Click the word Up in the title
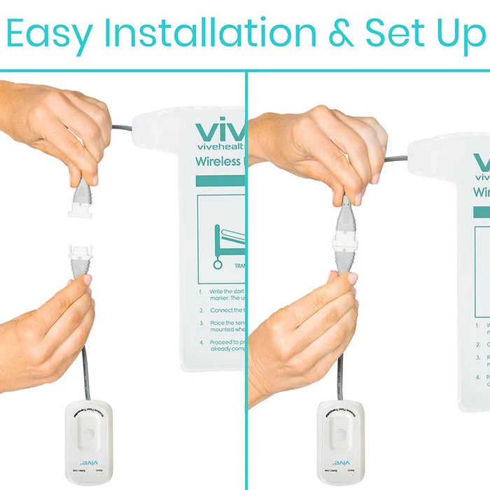[x=458, y=34]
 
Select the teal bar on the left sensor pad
[x=220, y=181]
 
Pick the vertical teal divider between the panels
[x=246, y=280]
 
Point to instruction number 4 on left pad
[x=201, y=342]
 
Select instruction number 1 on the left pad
[x=201, y=291]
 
